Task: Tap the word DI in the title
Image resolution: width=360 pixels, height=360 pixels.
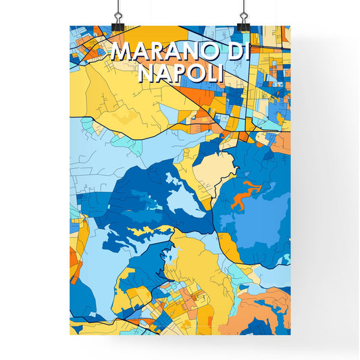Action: (240, 53)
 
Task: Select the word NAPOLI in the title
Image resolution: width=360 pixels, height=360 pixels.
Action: (180, 74)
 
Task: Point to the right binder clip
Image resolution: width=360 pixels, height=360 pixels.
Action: (243, 22)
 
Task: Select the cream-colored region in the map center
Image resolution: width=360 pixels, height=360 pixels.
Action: (214, 168)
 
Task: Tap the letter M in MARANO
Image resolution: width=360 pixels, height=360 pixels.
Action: (121, 53)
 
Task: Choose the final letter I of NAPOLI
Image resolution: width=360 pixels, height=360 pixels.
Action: (219, 74)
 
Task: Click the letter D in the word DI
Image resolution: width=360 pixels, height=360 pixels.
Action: (235, 53)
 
